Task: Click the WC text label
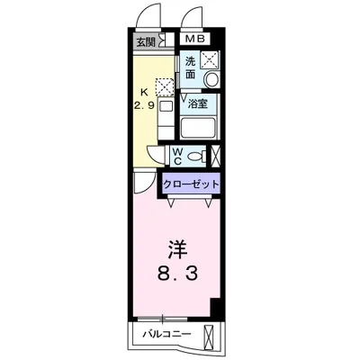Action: tap(176, 156)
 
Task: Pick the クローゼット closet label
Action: tap(192, 185)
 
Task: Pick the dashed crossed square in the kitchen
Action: tap(164, 87)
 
